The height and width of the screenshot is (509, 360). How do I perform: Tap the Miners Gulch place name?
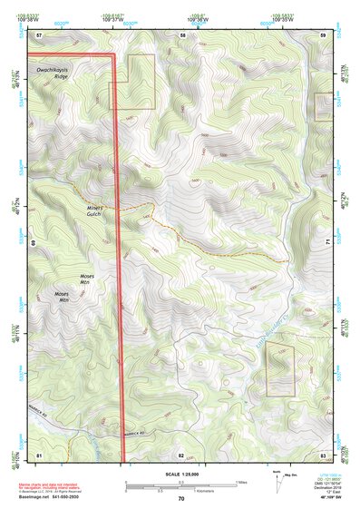[x=90, y=210]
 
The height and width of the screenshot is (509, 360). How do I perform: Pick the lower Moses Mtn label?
[x=62, y=297]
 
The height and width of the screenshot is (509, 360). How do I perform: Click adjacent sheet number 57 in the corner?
[x=39, y=34]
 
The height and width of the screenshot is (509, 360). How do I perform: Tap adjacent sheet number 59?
[x=323, y=34]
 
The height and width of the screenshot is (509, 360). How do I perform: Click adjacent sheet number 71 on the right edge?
[x=326, y=243]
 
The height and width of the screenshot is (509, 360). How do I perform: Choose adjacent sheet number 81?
[x=39, y=453]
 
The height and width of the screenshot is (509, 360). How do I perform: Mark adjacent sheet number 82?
[x=181, y=453]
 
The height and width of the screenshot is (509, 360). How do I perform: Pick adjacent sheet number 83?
[x=323, y=453]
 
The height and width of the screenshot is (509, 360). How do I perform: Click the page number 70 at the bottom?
[x=181, y=499]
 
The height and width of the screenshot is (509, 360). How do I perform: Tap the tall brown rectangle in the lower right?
[x=280, y=370]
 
